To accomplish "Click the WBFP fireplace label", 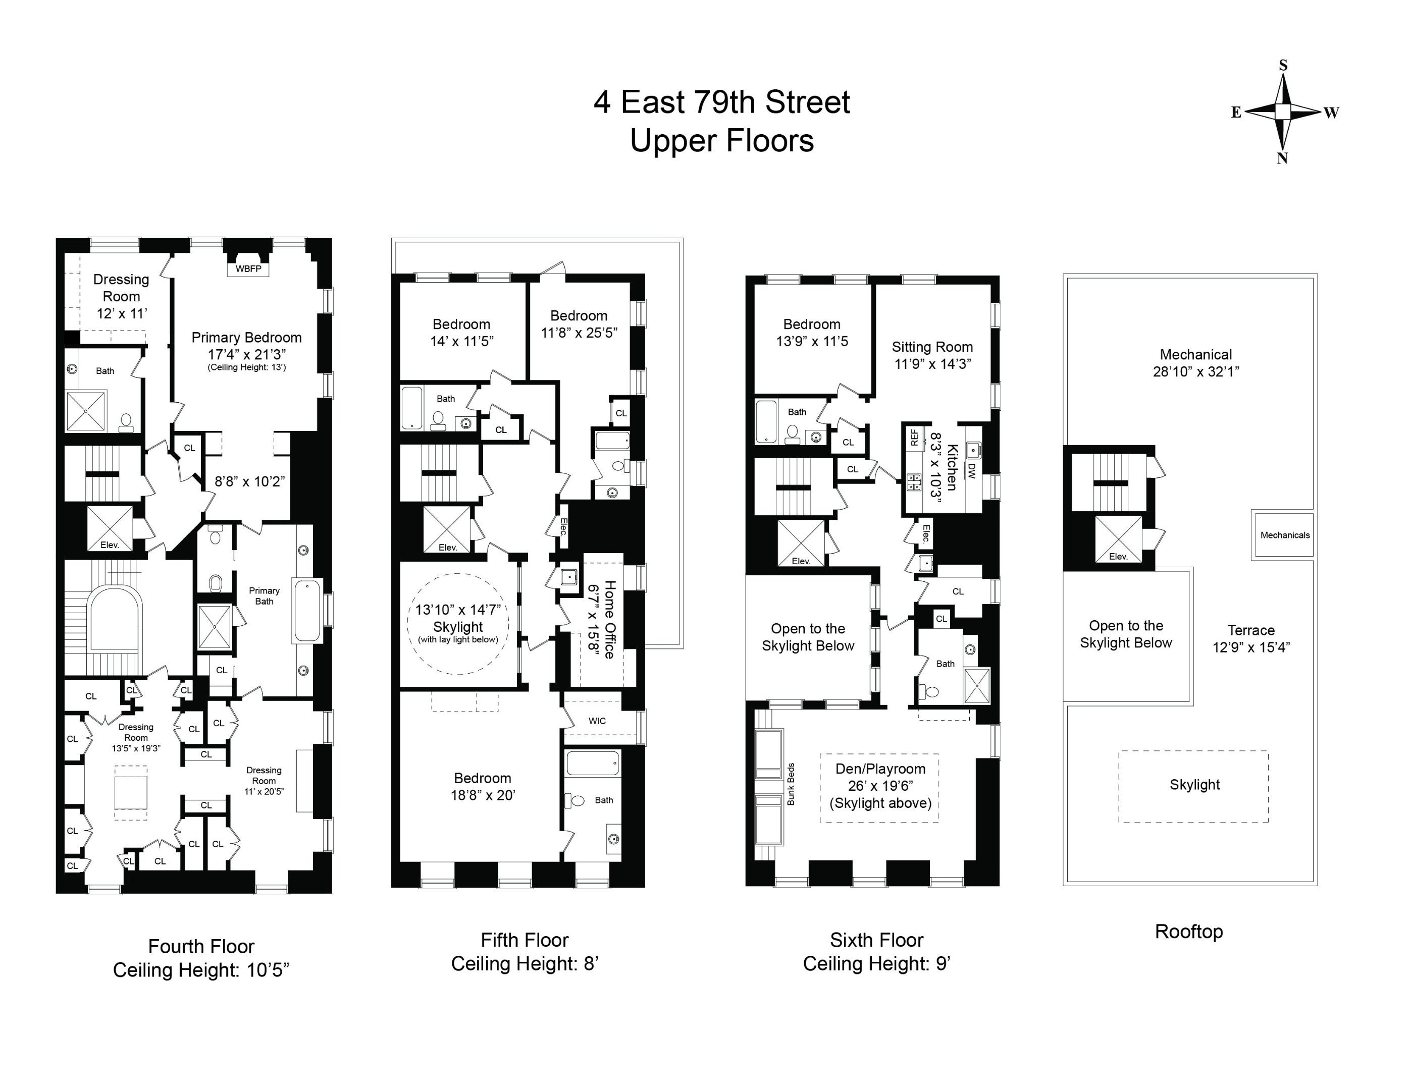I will point(248,268).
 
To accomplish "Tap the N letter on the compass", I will point(1282,159).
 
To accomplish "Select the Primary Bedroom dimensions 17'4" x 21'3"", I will point(246,355).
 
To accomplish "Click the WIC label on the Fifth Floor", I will point(597,721).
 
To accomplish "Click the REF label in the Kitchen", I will point(914,438).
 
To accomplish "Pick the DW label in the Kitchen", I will point(971,470).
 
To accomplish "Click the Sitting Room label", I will point(932,347).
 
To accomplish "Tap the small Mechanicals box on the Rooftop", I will point(1284,535).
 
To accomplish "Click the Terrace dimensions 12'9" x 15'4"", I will point(1251,647).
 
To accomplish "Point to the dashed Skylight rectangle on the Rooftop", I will point(1194,785).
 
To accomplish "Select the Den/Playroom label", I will point(880,769).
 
